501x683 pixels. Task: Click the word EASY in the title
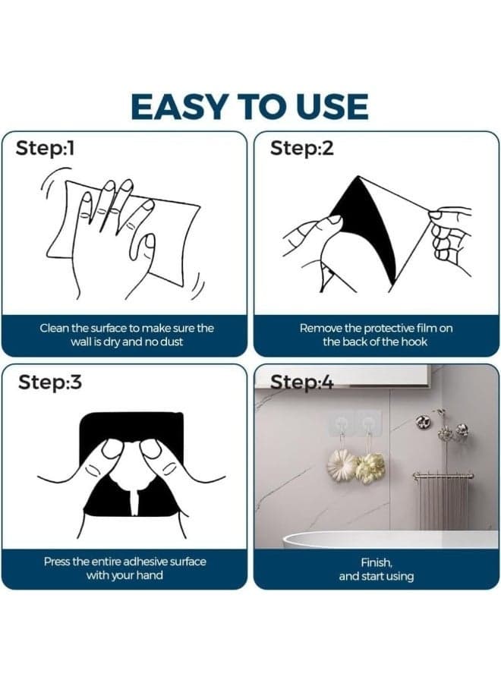pos(178,107)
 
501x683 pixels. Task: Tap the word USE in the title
pos(329,107)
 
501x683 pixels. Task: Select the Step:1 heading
pos(45,149)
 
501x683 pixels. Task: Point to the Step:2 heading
pos(301,149)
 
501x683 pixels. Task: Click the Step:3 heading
pos(49,382)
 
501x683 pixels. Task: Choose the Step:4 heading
pos(301,383)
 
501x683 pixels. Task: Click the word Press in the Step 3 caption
pos(57,562)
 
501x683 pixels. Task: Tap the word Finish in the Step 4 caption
pos(377,562)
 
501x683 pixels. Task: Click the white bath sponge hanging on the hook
pos(341,464)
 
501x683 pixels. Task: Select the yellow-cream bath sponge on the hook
pos(370,467)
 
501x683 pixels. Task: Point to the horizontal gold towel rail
pos(443,477)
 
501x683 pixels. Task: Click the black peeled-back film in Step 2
pos(370,226)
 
